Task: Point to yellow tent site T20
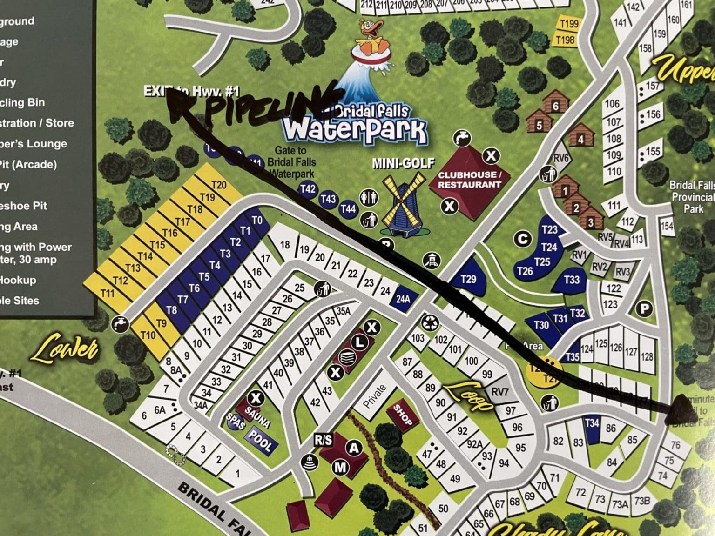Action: [219, 185]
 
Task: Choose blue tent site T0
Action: [257, 220]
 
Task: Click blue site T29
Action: [468, 279]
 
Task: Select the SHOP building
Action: [403, 415]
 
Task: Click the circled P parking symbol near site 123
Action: [645, 308]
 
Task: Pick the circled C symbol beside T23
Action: [523, 239]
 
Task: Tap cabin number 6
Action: [555, 106]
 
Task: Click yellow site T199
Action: [569, 23]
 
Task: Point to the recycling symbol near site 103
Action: [428, 322]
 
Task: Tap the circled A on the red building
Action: [354, 448]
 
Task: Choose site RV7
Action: [500, 392]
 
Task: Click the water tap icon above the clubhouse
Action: [463, 138]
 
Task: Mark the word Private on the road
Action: [375, 396]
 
